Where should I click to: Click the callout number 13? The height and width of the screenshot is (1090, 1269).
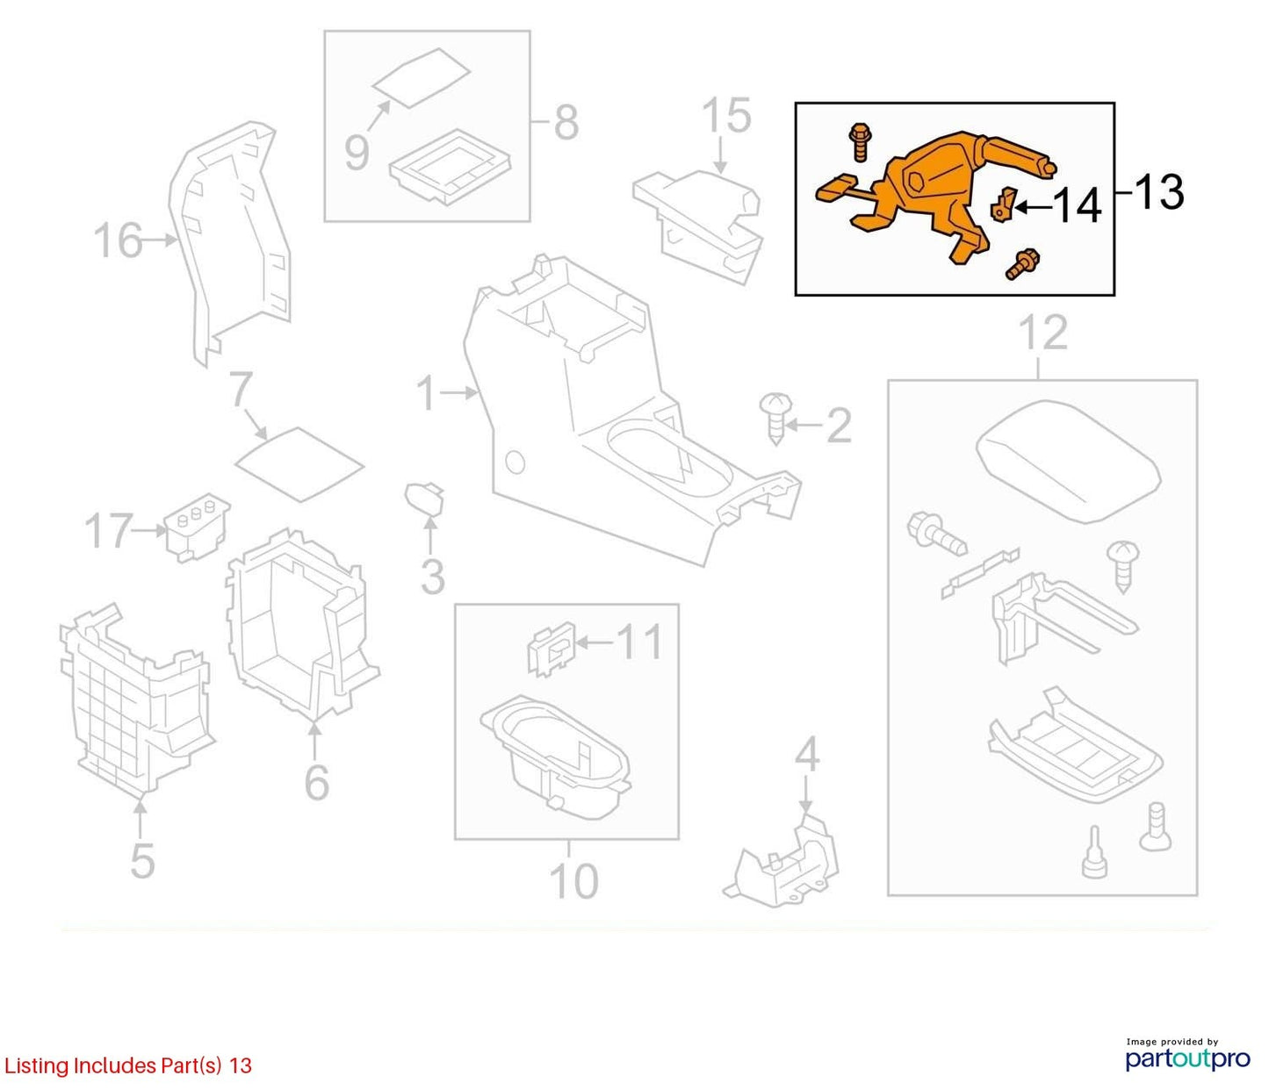[x=1157, y=192]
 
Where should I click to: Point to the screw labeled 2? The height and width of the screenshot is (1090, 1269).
[x=775, y=418]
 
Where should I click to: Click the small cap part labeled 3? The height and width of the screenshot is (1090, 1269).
[x=424, y=498]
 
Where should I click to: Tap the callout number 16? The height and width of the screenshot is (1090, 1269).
[x=119, y=240]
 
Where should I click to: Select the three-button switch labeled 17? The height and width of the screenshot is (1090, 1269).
[x=197, y=528]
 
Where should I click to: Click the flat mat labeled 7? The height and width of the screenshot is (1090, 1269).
[x=299, y=464]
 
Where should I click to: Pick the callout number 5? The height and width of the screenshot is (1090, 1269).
[x=142, y=861]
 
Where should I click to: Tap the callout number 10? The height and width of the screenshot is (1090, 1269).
[x=574, y=881]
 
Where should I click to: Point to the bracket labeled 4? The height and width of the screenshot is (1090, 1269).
[x=782, y=860]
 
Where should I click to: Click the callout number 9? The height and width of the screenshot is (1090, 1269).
[x=357, y=152]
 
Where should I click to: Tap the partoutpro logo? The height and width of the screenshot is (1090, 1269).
[x=1187, y=1059]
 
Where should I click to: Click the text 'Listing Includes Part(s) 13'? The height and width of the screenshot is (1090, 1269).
[x=127, y=1065]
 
